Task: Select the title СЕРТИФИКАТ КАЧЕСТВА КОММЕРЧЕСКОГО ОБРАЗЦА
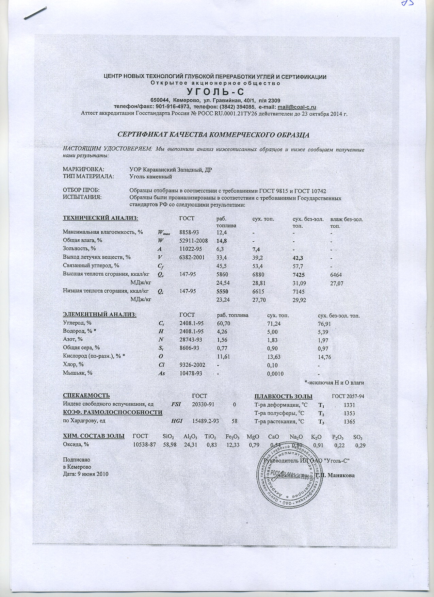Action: click(213, 134)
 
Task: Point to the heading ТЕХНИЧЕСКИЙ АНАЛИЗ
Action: click(101, 218)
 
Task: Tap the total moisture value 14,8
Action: click(222, 241)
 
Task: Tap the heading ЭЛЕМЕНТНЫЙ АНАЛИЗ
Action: click(100, 315)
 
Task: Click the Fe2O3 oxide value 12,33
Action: click(232, 445)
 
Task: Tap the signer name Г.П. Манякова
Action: click(336, 475)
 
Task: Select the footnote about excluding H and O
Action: click(335, 383)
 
